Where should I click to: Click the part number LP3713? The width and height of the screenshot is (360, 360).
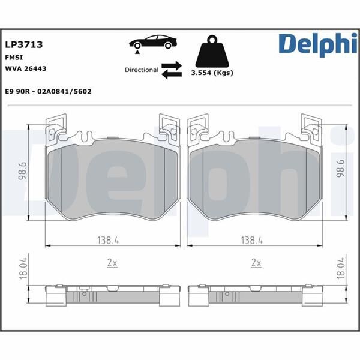[x=23, y=44]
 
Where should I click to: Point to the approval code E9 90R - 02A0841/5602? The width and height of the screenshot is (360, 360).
[x=47, y=92]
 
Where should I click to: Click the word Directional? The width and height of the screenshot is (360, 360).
[x=141, y=70]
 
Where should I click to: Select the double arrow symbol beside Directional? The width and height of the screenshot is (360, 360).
[x=172, y=69]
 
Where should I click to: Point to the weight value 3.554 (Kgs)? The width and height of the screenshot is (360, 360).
[x=212, y=73]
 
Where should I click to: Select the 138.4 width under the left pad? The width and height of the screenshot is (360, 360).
[x=109, y=240]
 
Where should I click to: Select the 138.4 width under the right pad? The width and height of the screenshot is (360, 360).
[x=251, y=240]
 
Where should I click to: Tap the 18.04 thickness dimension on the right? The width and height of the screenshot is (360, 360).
[x=341, y=268]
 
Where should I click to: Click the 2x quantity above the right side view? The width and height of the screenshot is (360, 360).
[x=256, y=263]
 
